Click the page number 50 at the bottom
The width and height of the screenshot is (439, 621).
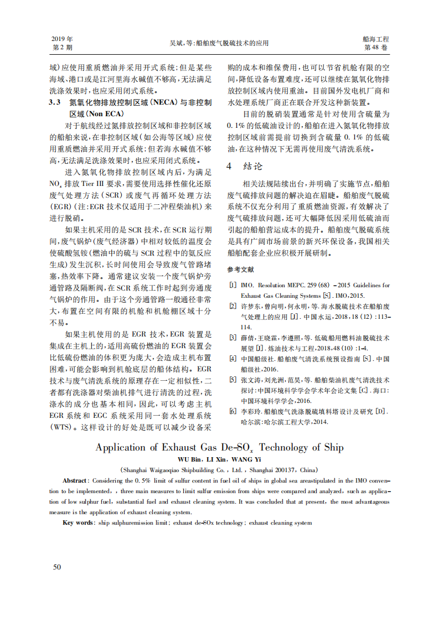click(56, 566)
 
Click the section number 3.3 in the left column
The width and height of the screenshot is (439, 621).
click(54, 102)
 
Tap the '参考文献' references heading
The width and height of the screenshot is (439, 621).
click(241, 270)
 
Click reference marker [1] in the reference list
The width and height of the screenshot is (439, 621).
click(233, 286)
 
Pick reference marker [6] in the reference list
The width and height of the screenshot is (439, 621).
click(233, 412)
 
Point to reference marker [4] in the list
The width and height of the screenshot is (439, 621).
click(233, 359)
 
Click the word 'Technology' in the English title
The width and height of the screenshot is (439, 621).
click(286, 447)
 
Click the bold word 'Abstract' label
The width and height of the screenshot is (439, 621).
click(74, 481)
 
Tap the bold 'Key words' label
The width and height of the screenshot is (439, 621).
click(77, 522)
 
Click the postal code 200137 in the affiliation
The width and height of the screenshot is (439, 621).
click(285, 469)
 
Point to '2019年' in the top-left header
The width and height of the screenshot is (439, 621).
click(62, 39)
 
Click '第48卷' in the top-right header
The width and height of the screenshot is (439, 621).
click(376, 48)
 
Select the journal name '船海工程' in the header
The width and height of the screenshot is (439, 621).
click(376, 39)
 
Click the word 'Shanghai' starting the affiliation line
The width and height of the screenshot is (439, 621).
click(137, 469)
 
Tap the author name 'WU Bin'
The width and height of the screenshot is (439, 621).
click(189, 459)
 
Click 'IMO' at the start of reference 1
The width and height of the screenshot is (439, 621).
click(247, 286)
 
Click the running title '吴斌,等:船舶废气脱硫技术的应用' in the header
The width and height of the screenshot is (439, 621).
click(219, 43)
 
